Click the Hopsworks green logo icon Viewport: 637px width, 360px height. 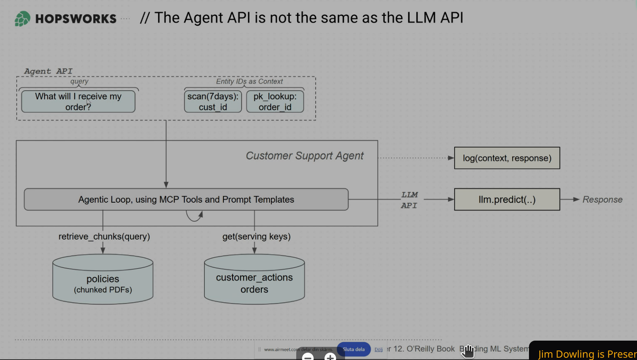click(22, 19)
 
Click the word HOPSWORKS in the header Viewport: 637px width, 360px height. click(76, 19)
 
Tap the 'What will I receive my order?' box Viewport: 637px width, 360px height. click(78, 102)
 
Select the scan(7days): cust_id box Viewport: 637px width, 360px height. click(213, 102)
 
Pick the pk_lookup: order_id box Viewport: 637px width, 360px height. click(275, 102)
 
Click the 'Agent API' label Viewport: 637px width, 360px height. click(48, 71)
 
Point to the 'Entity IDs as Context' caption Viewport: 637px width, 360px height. click(249, 81)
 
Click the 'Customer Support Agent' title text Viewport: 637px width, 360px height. click(304, 156)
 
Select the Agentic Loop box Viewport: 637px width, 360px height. click(186, 200)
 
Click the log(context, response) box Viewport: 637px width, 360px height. click(507, 158)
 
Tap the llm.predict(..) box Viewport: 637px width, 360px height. click(507, 200)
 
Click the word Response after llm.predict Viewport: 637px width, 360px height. click(602, 200)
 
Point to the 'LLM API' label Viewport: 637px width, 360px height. click(409, 200)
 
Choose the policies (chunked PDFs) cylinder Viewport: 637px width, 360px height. click(103, 280)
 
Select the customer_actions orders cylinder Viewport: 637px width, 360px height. click(254, 280)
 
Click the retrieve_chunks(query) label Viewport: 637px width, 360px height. click(104, 236)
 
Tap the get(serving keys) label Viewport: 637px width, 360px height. click(256, 236)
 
